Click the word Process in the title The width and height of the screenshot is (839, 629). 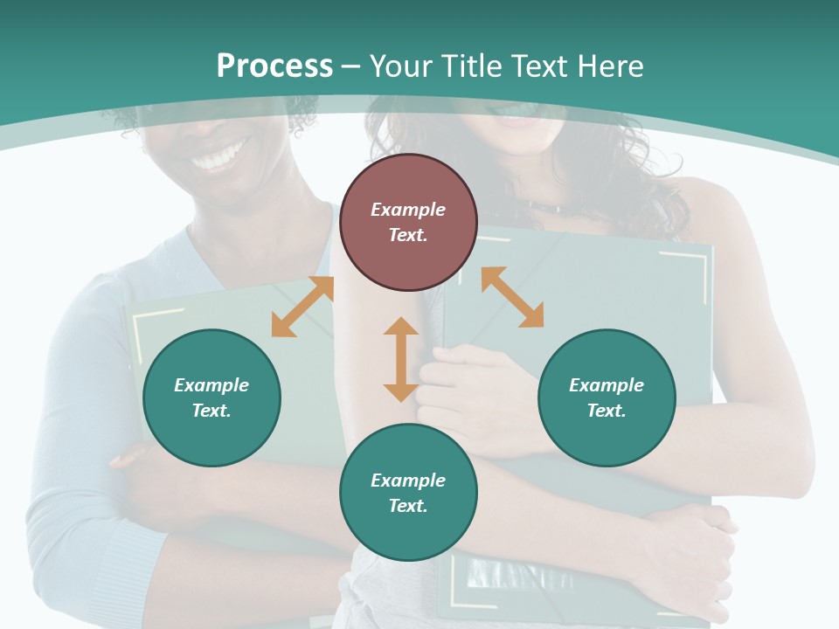coord(274,66)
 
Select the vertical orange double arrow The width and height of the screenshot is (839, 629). coord(401,359)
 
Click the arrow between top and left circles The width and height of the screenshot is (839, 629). coord(302,307)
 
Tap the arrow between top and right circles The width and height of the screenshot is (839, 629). coord(512,297)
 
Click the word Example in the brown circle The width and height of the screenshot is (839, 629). coord(408,210)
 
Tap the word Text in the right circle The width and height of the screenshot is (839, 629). coord(607,411)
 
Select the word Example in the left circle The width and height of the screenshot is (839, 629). coord(211,385)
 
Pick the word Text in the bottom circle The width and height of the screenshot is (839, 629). coord(408,506)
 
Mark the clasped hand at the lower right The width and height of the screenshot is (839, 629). coord(699,550)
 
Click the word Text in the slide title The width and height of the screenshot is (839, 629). coord(539,66)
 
